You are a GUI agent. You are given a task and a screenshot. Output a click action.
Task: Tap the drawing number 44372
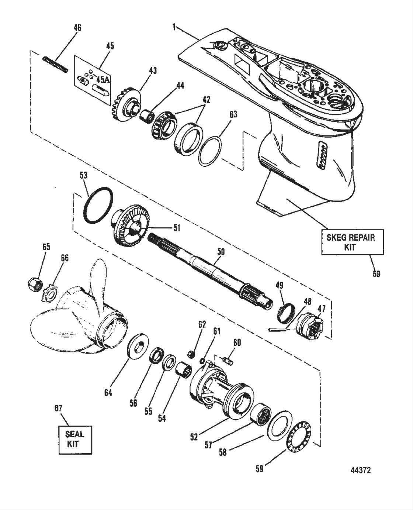360,470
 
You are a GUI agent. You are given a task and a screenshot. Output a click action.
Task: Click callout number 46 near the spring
77,28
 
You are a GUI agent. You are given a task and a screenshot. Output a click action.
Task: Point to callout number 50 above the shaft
221,252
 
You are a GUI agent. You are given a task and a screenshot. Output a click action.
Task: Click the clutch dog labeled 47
311,325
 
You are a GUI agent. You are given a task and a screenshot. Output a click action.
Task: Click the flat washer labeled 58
279,425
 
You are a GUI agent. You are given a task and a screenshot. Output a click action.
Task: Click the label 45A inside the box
103,79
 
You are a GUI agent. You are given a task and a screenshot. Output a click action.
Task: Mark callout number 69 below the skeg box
376,274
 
